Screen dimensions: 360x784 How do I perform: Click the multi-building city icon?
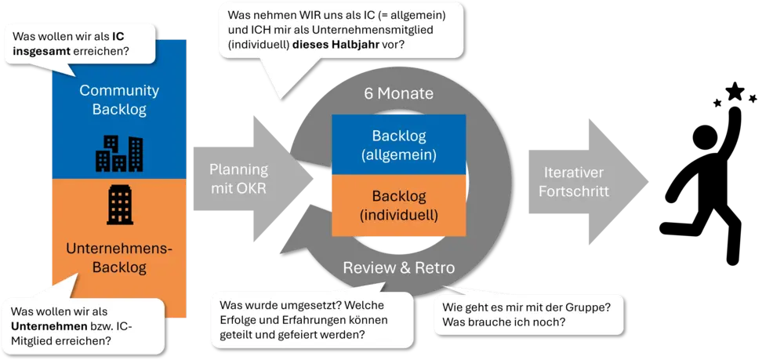[119, 154]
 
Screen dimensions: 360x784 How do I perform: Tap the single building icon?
[119, 205]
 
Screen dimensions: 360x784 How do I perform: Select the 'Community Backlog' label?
[119, 100]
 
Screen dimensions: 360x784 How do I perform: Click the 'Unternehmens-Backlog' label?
[119, 258]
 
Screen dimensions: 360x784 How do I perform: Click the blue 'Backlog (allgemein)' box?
[399, 144]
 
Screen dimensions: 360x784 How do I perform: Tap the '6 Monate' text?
[399, 93]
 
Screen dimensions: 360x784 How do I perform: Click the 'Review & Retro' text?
[399, 268]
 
